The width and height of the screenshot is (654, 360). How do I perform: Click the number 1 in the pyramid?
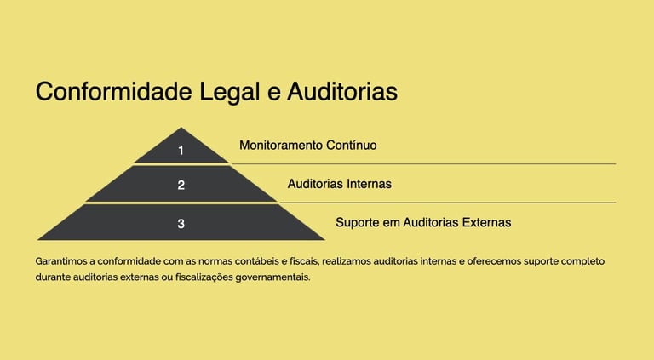(x=181, y=151)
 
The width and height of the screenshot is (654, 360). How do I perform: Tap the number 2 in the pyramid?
(x=181, y=185)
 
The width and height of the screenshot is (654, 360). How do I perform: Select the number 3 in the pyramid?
(x=181, y=224)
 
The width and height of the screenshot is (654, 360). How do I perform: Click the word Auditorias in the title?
(x=341, y=92)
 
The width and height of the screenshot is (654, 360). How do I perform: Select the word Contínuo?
(x=352, y=146)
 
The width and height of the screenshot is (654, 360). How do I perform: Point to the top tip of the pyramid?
(x=181, y=129)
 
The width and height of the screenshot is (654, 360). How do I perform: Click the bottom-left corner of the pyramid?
(x=38, y=239)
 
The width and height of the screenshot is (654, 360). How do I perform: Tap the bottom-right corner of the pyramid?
(x=324, y=239)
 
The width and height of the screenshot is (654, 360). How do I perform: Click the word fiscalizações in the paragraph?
(x=195, y=277)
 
